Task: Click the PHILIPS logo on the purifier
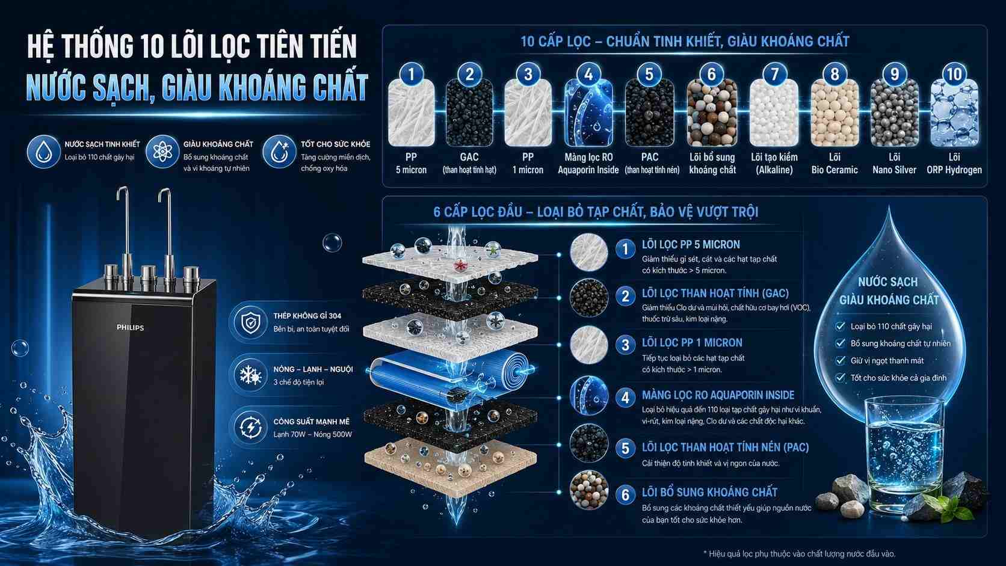point(130,328)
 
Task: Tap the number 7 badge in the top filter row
point(774,74)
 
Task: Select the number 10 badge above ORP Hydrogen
point(954,74)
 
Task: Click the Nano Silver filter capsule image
point(894,112)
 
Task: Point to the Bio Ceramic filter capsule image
point(835,112)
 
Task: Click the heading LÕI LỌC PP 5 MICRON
point(691,245)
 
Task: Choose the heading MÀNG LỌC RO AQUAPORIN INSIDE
point(718,395)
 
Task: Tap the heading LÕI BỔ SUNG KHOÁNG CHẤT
point(709,493)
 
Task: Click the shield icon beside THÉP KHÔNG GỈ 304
point(251,322)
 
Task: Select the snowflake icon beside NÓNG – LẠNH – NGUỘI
point(251,375)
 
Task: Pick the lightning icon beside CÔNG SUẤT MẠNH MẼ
point(251,427)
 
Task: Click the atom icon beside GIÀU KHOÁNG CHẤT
point(162,152)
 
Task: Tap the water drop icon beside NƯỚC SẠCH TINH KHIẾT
point(43,152)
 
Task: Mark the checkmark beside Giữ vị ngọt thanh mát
point(840,360)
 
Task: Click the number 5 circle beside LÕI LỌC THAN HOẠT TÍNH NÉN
point(625,448)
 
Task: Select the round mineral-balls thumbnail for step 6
point(589,490)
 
